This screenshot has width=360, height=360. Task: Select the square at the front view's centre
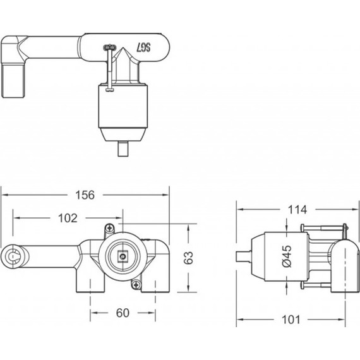click(121, 257)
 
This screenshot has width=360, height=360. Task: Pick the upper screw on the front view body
click(111, 227)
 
